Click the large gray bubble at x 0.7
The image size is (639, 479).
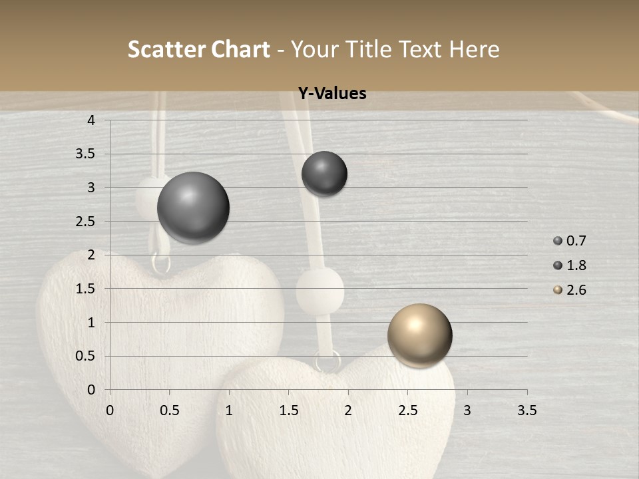click(x=194, y=208)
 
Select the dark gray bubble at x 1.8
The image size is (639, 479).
click(x=324, y=174)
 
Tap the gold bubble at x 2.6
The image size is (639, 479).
click(x=419, y=335)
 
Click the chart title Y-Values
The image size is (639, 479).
click(x=331, y=94)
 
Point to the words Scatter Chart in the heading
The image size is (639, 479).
click(x=199, y=49)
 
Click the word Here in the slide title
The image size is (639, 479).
click(x=474, y=49)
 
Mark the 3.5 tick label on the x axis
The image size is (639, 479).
click(x=527, y=410)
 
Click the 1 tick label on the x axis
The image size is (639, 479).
click(x=229, y=410)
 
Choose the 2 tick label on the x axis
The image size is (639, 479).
click(x=348, y=410)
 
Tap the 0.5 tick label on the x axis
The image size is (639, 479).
click(x=169, y=410)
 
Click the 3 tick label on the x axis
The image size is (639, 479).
click(x=467, y=410)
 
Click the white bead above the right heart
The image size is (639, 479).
click(x=319, y=291)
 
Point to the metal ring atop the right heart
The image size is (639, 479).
click(x=327, y=362)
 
